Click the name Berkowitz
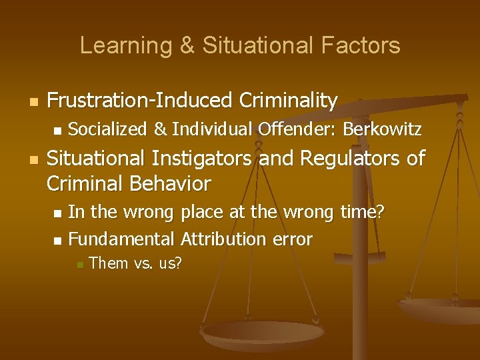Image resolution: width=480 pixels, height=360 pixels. (381, 129)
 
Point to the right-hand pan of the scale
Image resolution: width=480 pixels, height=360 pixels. (440, 310)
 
